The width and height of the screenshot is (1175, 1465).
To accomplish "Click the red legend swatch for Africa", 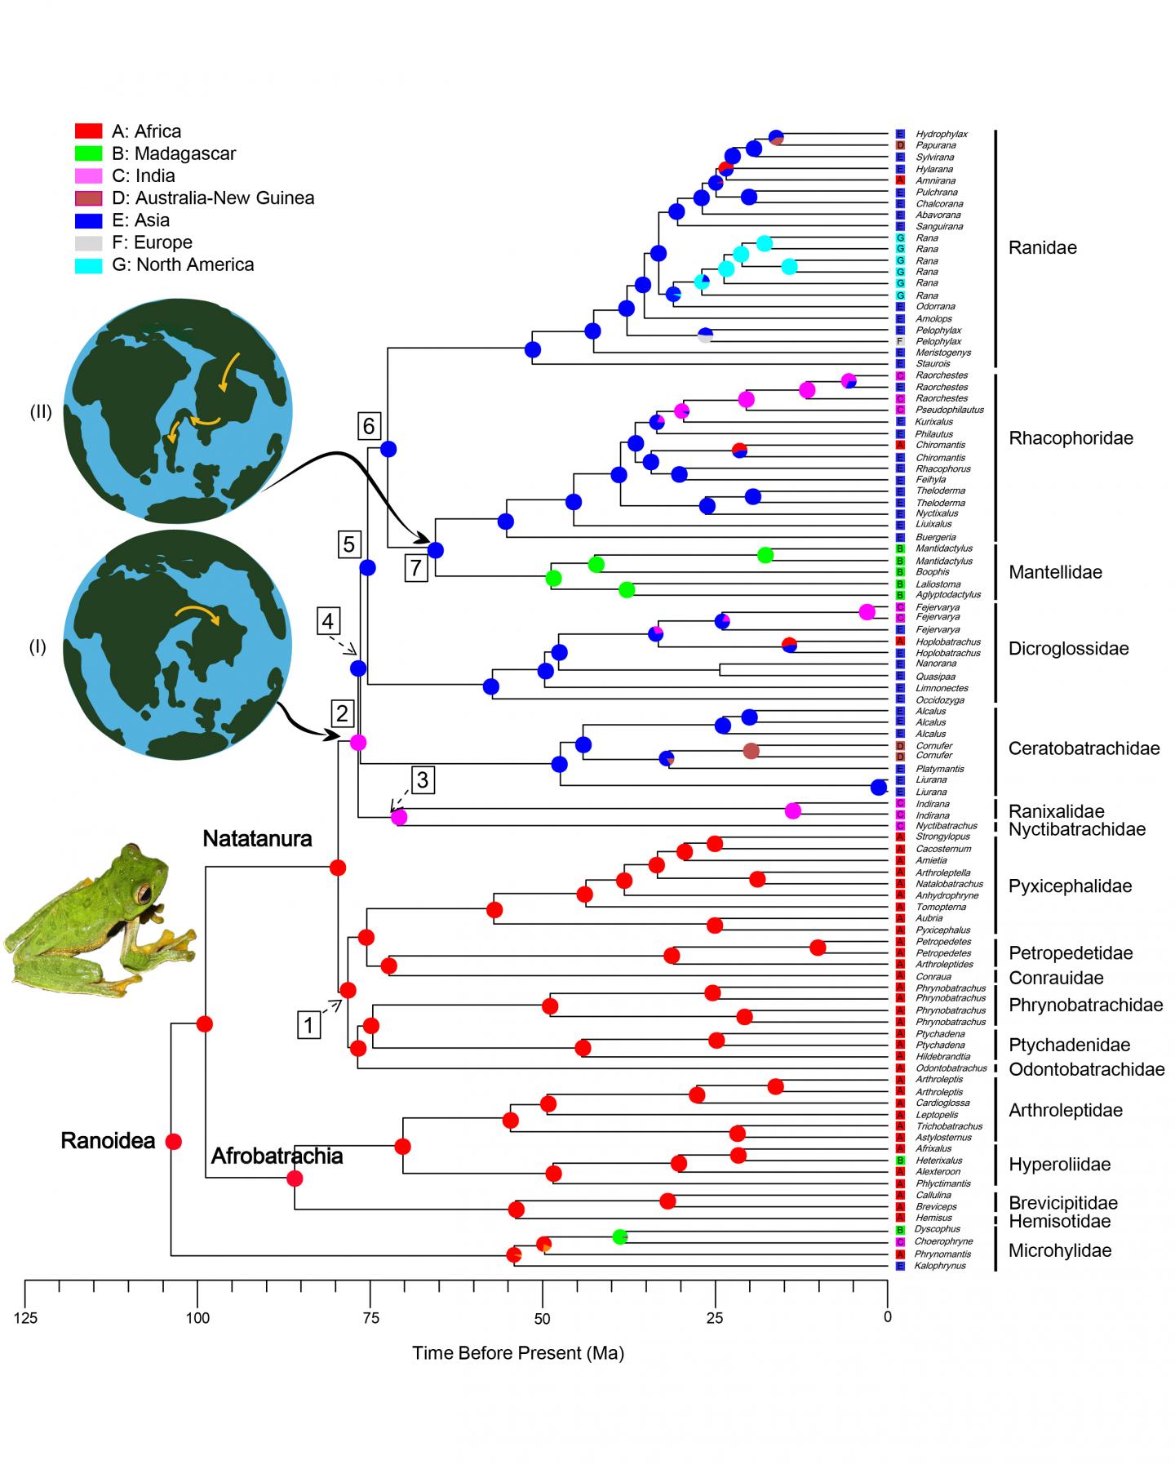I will pyautogui.click(x=88, y=131).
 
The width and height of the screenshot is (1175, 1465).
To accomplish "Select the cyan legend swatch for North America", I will pyautogui.click(x=88, y=264).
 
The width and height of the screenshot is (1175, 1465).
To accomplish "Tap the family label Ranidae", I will pyautogui.click(x=1042, y=248).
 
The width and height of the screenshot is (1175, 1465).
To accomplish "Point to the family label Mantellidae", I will pyautogui.click(x=1055, y=572).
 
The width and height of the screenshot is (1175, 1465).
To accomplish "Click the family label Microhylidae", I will pyautogui.click(x=1060, y=1250).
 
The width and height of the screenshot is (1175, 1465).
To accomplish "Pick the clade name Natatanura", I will pyautogui.click(x=257, y=838).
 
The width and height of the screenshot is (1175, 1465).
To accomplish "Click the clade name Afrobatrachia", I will pyautogui.click(x=277, y=1156).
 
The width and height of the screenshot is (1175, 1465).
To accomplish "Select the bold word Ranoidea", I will pyautogui.click(x=108, y=1141).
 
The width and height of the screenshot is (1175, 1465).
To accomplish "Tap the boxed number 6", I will pyautogui.click(x=369, y=425).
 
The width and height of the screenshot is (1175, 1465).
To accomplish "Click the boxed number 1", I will pyautogui.click(x=308, y=1024).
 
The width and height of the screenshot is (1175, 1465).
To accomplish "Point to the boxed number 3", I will pyautogui.click(x=422, y=780).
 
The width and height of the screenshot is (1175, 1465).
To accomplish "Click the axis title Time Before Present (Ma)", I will pyautogui.click(x=517, y=1353).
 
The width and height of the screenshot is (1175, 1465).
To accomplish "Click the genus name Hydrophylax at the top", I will pyautogui.click(x=941, y=134).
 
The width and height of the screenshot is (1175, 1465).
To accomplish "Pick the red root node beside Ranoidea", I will pyautogui.click(x=173, y=1141).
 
